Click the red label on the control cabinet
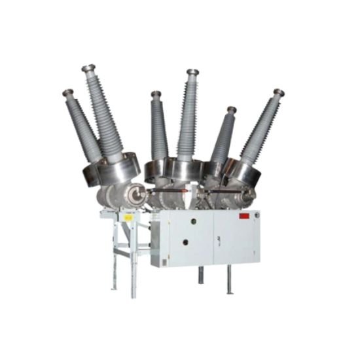click(x=244, y=215)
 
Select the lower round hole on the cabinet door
click(x=185, y=242)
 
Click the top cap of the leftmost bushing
click(x=68, y=93)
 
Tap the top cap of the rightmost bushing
click(x=279, y=92)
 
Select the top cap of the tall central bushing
click(x=192, y=72)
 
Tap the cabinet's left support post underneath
click(x=201, y=275)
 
